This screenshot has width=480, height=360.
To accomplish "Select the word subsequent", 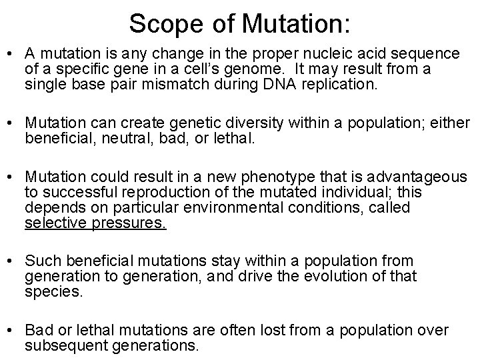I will click(58, 345).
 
